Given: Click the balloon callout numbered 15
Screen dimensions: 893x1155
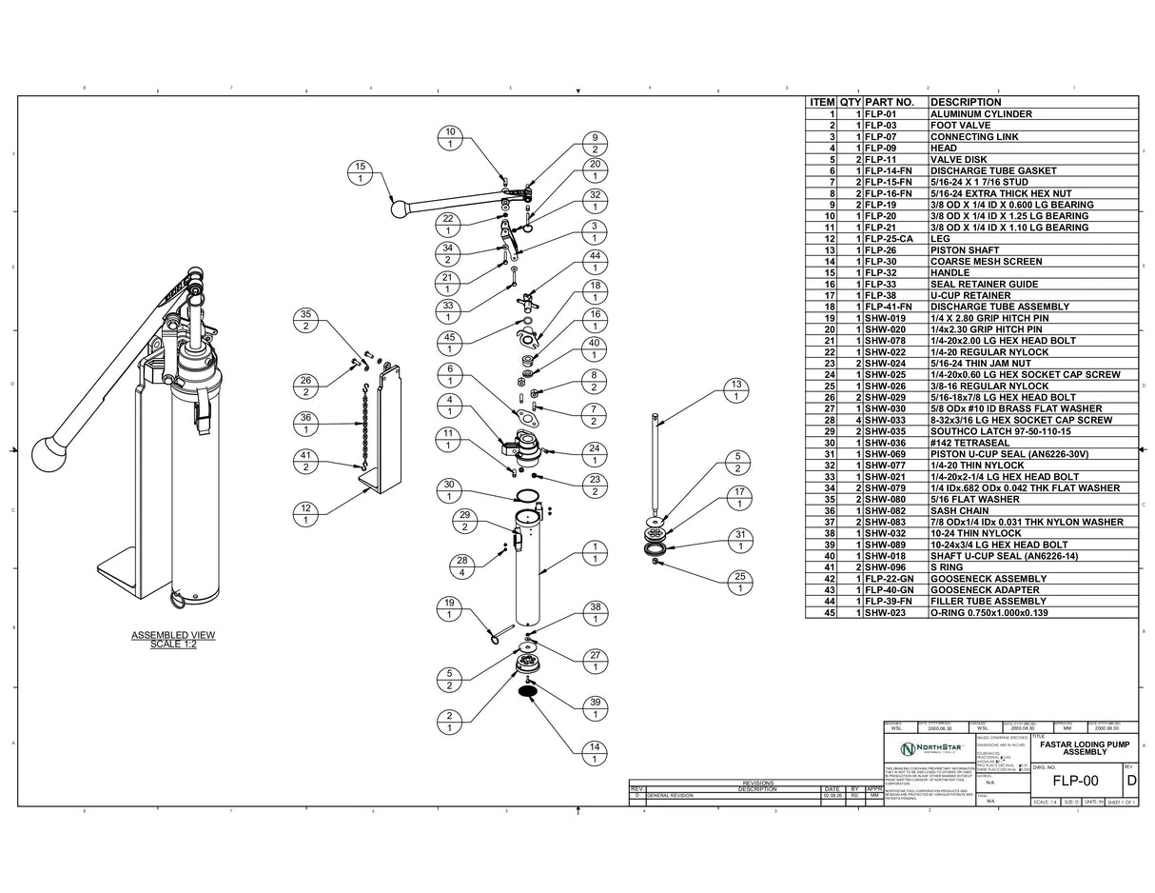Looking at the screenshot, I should coord(360,172).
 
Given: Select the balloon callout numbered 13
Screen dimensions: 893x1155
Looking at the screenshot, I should coord(735,390).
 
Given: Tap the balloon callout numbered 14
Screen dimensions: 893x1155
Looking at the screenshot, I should coord(595,753).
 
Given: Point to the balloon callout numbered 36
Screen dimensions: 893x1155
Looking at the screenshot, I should coord(305,424).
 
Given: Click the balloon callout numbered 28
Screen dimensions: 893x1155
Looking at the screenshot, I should coord(462,566).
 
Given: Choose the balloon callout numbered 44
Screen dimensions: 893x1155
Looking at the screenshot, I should coord(595,262).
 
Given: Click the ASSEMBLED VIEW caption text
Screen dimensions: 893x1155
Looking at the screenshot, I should coord(173,639).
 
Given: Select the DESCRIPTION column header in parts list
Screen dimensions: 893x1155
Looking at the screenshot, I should coord(965,102).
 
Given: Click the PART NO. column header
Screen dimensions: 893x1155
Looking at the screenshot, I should coord(890,102).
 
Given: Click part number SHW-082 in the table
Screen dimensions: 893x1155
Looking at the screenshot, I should coord(885,510).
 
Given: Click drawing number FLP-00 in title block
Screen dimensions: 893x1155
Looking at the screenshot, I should coord(1075,782).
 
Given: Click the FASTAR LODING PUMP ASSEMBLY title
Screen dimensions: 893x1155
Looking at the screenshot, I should coord(1085,747).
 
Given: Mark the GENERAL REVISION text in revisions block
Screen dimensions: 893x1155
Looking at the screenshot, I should coord(670,795).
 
